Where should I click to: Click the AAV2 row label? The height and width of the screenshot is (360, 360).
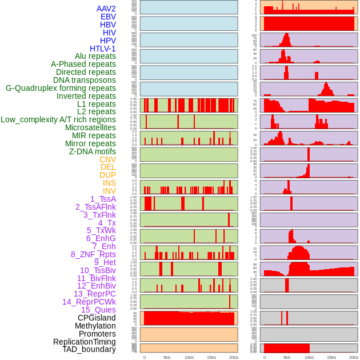106,9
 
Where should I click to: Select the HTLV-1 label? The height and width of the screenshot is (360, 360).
103,49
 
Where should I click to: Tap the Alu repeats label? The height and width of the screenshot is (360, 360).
95,56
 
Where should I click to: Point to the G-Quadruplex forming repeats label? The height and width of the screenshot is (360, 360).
61,88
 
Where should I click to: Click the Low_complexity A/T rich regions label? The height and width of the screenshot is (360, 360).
58,119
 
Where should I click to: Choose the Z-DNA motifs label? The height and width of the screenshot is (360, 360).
93,151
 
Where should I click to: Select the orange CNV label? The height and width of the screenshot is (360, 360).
107,159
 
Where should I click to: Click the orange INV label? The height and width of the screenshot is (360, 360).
109,191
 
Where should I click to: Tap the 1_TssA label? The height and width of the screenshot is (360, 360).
103,199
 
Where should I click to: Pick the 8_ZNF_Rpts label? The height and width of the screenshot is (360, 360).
93,254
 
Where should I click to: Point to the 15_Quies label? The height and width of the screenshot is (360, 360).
98,310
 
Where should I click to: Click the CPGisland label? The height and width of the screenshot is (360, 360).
97,318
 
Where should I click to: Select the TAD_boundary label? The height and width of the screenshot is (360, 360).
89,349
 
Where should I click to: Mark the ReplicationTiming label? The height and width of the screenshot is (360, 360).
85,342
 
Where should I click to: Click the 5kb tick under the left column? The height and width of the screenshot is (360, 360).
167,357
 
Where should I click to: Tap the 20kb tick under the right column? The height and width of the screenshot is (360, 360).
354,357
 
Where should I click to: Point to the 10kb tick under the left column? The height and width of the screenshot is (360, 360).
189,357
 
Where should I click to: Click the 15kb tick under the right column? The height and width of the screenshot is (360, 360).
331,357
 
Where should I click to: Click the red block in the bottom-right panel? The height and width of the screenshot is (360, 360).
286,348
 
